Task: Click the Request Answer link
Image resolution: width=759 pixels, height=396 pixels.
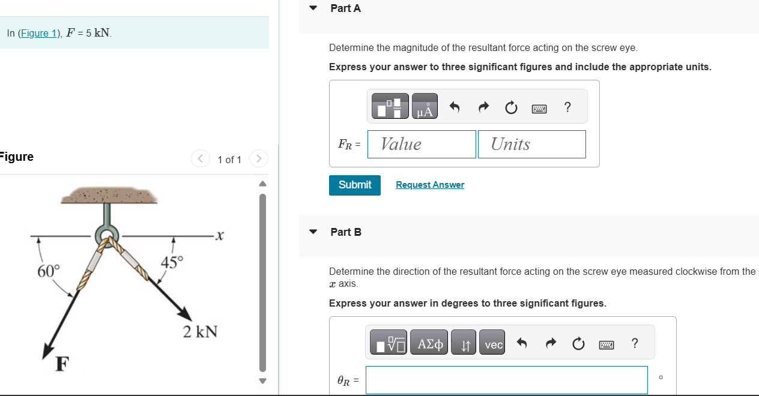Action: [x=430, y=185]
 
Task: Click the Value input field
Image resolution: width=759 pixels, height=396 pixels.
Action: [x=422, y=145]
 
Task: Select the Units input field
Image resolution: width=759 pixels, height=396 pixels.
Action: [x=531, y=145]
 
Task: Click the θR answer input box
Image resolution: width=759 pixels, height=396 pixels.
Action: [x=506, y=380]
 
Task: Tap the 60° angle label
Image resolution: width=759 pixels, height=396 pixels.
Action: [x=49, y=271]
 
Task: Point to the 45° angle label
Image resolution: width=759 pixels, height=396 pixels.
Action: [x=172, y=262]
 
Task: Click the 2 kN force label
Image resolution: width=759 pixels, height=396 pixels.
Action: [x=200, y=331]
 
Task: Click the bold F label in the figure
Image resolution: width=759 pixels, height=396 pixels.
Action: [x=61, y=364]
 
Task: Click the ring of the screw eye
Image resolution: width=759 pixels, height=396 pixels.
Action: [x=106, y=235]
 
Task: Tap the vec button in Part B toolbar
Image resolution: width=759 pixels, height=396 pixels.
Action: [x=494, y=344]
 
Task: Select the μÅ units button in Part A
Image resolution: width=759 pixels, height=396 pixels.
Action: [x=425, y=107]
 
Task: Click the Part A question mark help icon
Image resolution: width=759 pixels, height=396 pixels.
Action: [x=567, y=107]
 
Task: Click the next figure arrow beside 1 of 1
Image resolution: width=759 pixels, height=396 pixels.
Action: [x=258, y=159]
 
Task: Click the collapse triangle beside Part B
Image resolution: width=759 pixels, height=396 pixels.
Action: [x=313, y=232]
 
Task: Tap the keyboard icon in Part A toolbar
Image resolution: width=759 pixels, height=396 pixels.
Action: [x=539, y=108]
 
